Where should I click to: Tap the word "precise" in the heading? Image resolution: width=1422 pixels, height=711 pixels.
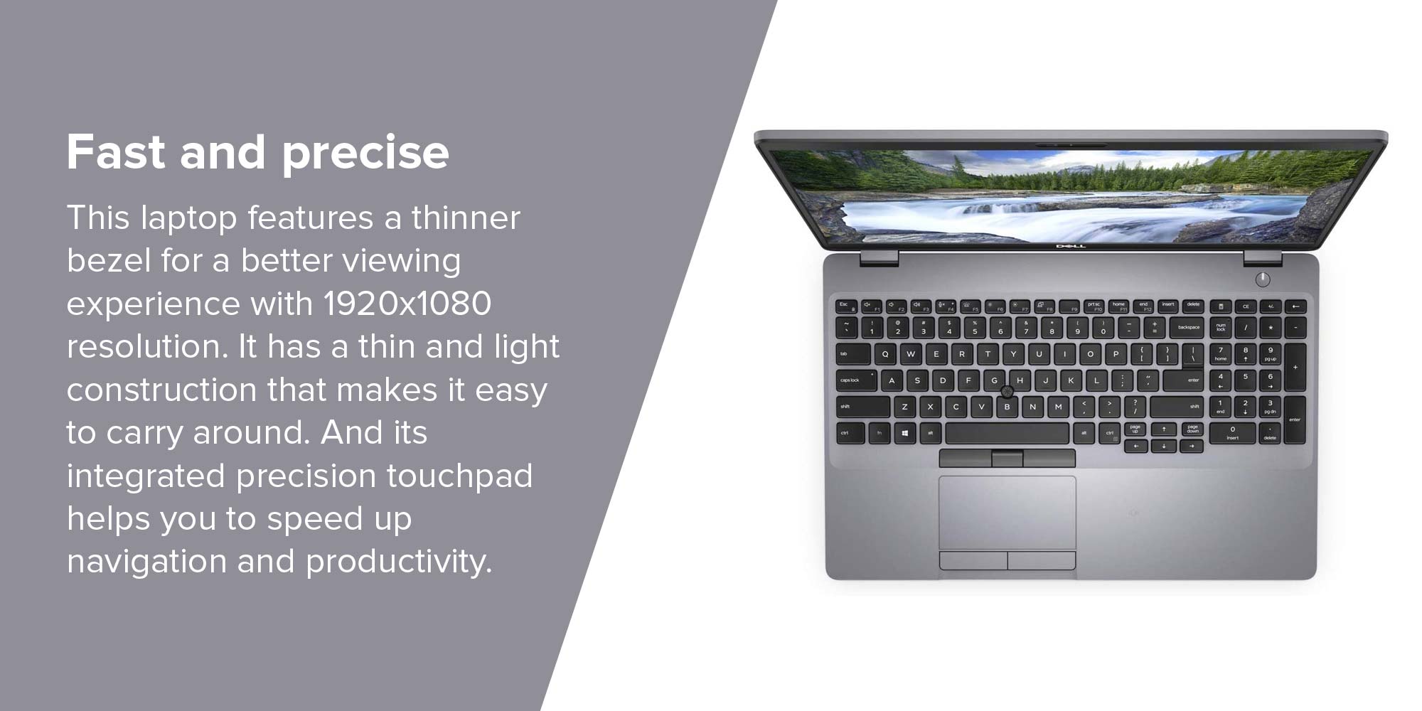click(365, 154)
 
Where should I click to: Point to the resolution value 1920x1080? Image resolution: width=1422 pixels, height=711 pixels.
click(407, 304)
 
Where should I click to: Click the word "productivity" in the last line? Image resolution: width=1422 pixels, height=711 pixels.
click(397, 562)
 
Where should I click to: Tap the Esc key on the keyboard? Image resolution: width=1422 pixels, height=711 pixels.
click(846, 306)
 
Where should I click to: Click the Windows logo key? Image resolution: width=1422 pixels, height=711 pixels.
click(904, 433)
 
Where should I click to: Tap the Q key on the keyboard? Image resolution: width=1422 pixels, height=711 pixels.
click(885, 353)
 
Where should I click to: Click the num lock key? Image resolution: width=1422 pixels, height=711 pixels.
click(1221, 328)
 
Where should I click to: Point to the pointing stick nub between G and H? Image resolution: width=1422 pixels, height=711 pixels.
click(1007, 392)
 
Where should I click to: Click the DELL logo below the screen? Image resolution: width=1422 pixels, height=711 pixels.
click(1070, 246)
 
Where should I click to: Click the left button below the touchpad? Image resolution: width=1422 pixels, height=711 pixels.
click(973, 560)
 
